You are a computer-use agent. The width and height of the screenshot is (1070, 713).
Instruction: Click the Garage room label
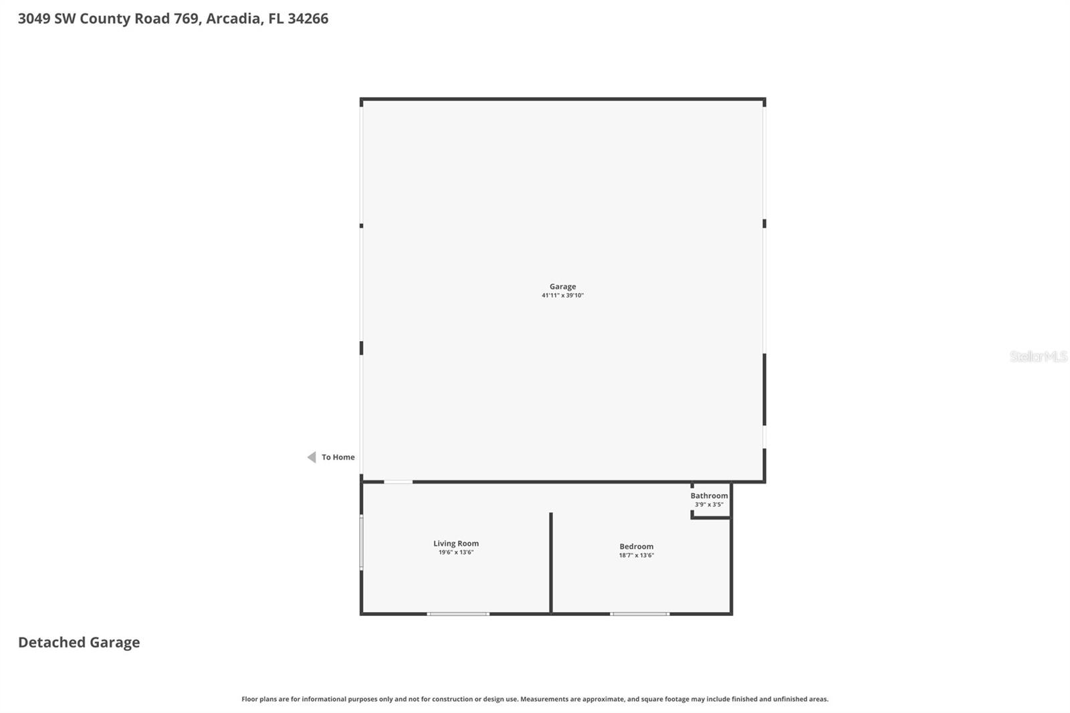(562, 286)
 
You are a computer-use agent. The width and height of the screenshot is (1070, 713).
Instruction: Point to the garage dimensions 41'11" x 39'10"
(562, 296)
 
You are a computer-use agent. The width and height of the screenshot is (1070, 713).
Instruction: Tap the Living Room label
(456, 543)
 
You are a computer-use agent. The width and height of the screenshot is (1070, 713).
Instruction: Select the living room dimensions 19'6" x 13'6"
(456, 552)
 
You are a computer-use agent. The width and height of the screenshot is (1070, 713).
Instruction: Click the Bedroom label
(636, 546)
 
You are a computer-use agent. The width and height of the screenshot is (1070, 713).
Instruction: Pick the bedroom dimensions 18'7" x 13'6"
(636, 556)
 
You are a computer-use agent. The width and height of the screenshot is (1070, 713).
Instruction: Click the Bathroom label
(709, 496)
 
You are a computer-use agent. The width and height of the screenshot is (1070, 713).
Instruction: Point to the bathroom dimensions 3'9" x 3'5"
(709, 505)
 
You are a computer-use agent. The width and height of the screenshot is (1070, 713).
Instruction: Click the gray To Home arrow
(312, 457)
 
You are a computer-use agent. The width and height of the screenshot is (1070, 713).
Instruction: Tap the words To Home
(338, 457)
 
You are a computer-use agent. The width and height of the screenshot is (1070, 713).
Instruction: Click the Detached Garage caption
(79, 642)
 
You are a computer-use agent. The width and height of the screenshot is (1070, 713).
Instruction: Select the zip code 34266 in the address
(308, 19)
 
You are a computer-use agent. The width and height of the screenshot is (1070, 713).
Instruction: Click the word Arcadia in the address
(233, 19)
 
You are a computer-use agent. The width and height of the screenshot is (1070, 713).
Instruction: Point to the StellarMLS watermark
(1038, 356)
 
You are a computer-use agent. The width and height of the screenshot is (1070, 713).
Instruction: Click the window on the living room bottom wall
(458, 613)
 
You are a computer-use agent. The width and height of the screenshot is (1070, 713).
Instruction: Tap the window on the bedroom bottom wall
(639, 613)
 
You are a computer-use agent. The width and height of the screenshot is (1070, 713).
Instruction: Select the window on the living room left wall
(362, 542)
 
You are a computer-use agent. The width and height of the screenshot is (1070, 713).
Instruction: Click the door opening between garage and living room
(398, 482)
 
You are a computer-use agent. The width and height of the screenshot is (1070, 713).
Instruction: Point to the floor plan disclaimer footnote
(535, 699)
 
